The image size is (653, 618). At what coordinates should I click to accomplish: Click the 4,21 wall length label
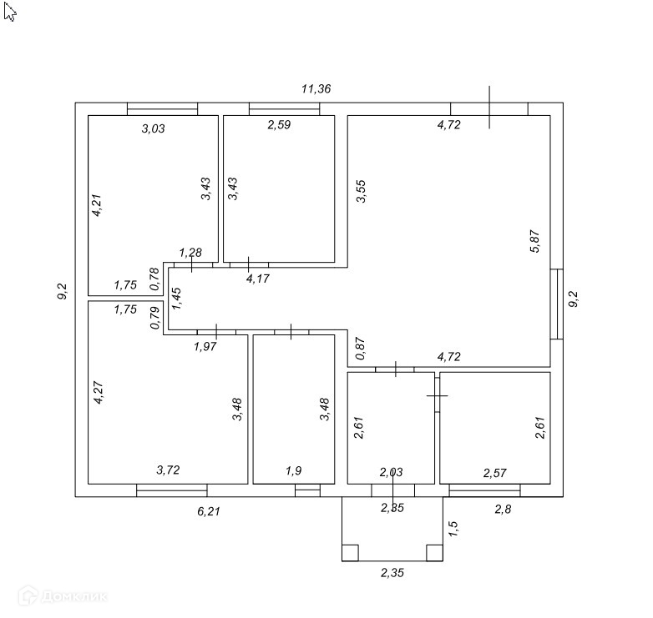pyautogui.click(x=97, y=205)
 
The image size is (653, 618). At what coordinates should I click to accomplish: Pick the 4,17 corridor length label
pyautogui.click(x=257, y=279)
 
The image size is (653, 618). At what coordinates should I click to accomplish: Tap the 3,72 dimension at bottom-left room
pyautogui.click(x=169, y=470)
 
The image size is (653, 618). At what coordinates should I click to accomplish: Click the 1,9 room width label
pyautogui.click(x=293, y=471)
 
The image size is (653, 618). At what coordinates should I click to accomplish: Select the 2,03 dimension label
pyautogui.click(x=391, y=472)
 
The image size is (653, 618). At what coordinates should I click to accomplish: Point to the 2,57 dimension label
pyautogui.click(x=496, y=473)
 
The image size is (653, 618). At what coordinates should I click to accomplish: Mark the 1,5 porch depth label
pyautogui.click(x=453, y=528)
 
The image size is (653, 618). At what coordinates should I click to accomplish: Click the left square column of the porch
pyautogui.click(x=350, y=552)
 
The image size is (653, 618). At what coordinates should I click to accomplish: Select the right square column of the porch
pyautogui.click(x=434, y=552)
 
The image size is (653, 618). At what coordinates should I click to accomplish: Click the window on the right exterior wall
pyautogui.click(x=557, y=303)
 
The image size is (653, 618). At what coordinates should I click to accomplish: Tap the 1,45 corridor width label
pyautogui.click(x=176, y=299)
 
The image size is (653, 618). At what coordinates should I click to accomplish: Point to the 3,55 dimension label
pyautogui.click(x=361, y=192)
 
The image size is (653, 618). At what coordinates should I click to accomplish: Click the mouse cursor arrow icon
pyautogui.click(x=9, y=12)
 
